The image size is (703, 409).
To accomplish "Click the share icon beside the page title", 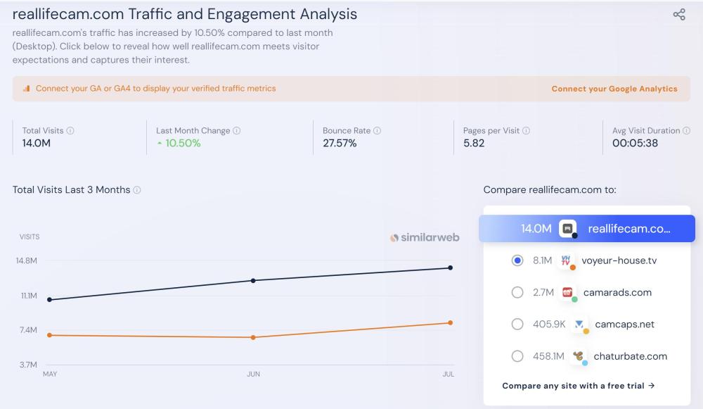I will [x=679, y=15].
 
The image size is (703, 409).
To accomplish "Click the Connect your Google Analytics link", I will [x=614, y=89].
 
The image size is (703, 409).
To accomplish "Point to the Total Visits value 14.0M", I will [x=37, y=144].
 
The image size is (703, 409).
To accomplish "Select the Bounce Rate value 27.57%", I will [x=340, y=144].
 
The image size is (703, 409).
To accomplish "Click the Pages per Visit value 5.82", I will [x=474, y=144].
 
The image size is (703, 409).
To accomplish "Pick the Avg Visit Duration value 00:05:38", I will [x=635, y=144].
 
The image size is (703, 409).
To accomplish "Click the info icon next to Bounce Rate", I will [x=378, y=131].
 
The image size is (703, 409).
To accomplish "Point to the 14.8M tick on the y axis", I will [x=27, y=260].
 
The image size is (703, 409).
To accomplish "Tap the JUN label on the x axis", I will [x=253, y=375].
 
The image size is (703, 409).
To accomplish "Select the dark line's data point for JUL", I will [x=450, y=268].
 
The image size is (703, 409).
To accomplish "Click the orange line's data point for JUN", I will [x=253, y=337].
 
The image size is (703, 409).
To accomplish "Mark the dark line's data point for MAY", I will [x=49, y=300].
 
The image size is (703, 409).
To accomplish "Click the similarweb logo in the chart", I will [x=425, y=237].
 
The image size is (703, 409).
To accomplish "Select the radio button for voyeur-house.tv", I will [x=517, y=260].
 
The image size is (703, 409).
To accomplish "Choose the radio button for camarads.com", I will [x=517, y=292].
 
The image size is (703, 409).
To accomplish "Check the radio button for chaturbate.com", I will [x=517, y=356].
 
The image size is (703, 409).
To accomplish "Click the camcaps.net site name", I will [x=624, y=325].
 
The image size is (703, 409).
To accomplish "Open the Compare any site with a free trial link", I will [x=579, y=386].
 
